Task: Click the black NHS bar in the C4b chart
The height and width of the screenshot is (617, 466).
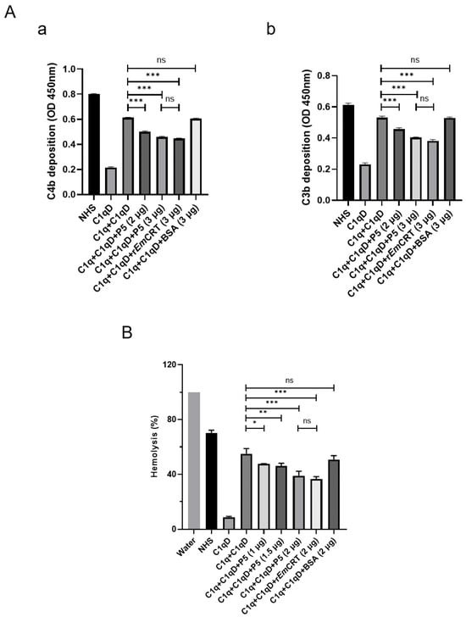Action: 93,144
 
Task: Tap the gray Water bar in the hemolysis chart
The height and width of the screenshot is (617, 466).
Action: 194,461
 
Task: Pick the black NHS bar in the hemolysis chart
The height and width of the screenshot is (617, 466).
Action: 212,481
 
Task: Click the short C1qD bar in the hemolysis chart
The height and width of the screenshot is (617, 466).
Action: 229,524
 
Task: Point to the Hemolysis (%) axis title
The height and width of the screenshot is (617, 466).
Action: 155,446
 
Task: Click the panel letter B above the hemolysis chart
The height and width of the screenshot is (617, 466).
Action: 127,333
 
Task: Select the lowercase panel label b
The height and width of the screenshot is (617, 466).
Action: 271,29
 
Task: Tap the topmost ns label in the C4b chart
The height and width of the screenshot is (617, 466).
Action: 161,60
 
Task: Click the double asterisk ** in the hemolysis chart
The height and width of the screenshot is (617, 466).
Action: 264,412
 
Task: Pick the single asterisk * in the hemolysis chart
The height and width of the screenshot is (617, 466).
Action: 255,423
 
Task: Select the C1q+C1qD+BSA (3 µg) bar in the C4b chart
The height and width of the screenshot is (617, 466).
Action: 196,157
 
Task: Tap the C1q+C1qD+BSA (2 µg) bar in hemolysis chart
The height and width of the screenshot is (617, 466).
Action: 334,495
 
